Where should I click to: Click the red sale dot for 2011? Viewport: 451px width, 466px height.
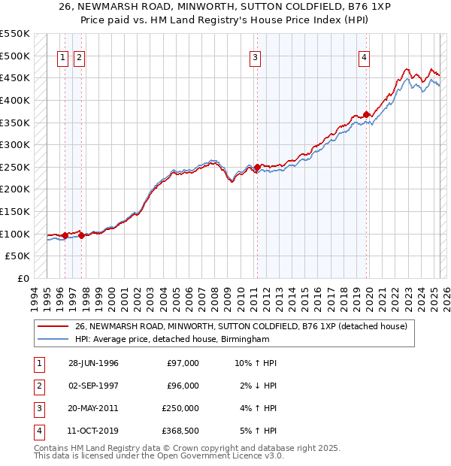pyautogui.click(x=257, y=167)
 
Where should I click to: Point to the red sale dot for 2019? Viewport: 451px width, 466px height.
pyautogui.click(x=367, y=114)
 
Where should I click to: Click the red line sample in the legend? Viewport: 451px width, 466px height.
pyautogui.click(x=53, y=326)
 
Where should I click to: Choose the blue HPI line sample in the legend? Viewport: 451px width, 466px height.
pyautogui.click(x=53, y=340)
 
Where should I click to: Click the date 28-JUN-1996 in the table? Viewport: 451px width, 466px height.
pyautogui.click(x=93, y=363)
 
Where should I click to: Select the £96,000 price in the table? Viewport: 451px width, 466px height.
pyautogui.click(x=183, y=386)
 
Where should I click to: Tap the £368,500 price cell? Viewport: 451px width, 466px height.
pyautogui.click(x=180, y=431)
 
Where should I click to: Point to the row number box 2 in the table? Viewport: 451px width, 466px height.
pyautogui.click(x=37, y=386)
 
